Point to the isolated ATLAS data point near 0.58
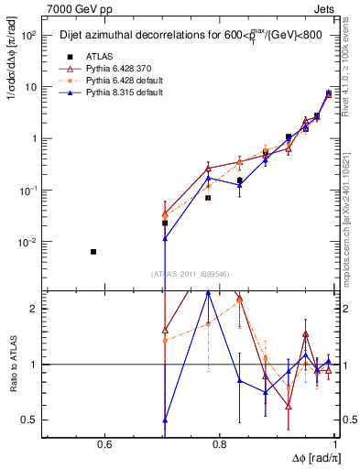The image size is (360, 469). point(93,251)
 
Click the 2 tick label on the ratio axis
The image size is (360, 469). point(34,309)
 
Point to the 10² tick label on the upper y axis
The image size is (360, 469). point(27,36)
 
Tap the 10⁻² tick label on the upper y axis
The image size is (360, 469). point(27,243)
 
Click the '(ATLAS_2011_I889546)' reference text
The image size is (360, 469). point(190,274)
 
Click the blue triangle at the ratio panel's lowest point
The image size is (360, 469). point(165,420)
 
